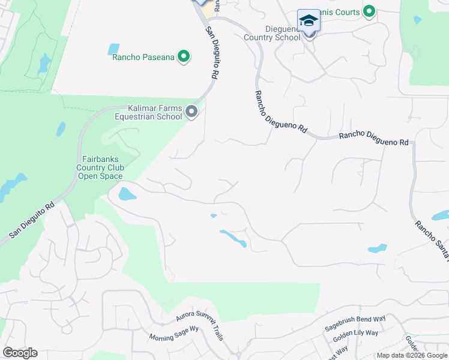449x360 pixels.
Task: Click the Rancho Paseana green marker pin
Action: [184, 57]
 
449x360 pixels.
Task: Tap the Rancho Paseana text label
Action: [143, 58]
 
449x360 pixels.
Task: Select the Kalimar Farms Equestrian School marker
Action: [191, 112]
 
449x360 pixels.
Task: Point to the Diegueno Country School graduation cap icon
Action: [309, 20]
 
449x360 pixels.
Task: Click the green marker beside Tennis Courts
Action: [370, 11]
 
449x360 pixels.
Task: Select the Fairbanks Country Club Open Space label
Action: [100, 168]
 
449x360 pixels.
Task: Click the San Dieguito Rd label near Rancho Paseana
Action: [211, 53]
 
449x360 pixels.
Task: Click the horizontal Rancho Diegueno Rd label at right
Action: [373, 139]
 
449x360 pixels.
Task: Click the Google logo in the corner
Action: [20, 353]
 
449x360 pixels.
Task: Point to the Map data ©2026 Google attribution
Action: [412, 355]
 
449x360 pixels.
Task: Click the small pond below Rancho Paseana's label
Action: [113, 49]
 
